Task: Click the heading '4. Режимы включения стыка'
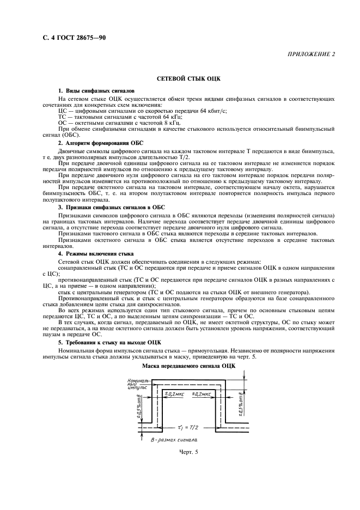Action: click(95, 254)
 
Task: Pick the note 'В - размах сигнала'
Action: click(174, 439)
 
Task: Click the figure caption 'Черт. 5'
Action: click(188, 452)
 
